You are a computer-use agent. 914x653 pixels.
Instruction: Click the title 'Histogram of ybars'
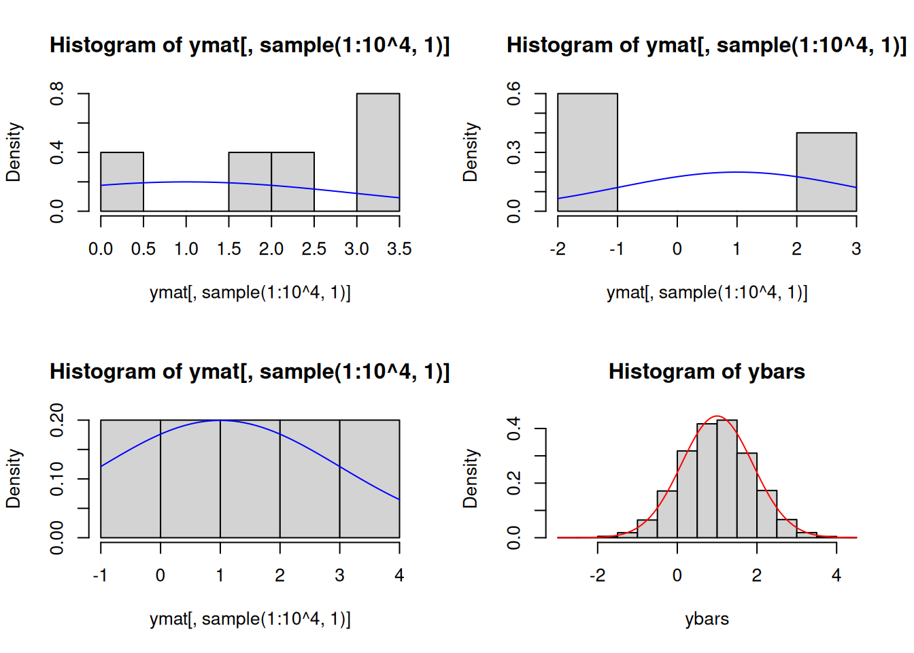(707, 371)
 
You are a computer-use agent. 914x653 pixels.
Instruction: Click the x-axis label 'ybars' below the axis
(707, 618)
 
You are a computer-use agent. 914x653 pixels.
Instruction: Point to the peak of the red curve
(717, 416)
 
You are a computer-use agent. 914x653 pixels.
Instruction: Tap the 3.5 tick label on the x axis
(399, 249)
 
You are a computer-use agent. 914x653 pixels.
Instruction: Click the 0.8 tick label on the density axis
(56, 93)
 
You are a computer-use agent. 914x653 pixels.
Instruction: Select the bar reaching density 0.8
(378, 152)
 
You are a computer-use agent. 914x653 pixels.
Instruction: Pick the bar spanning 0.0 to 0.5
(122, 182)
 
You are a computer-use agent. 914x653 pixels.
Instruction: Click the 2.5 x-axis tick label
(314, 249)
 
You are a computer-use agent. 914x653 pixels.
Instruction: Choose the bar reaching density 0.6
(588, 152)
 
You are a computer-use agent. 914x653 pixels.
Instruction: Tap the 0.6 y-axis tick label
(513, 93)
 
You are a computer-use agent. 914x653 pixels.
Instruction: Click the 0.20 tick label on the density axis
(56, 420)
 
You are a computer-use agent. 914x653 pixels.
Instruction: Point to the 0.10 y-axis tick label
(56, 478)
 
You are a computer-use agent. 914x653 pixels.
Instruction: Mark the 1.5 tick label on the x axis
(228, 249)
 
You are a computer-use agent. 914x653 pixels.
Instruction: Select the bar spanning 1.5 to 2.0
(250, 182)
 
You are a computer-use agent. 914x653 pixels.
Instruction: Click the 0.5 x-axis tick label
(143, 249)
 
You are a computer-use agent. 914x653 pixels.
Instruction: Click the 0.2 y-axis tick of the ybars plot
(513, 483)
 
